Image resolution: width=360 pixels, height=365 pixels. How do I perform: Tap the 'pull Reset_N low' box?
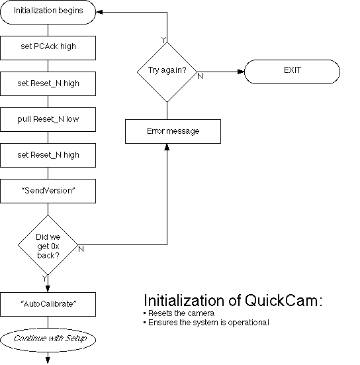click(48, 119)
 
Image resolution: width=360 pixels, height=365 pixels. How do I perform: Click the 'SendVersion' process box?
click(48, 191)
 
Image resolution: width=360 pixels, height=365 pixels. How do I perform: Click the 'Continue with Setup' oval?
click(48, 339)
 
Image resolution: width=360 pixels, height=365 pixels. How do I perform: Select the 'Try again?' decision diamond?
click(166, 70)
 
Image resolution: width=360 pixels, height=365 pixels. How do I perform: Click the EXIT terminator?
click(292, 70)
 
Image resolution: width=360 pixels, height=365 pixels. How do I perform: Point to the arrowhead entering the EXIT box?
click(240, 70)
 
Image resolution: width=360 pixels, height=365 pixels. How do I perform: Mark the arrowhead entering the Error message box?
click(166, 147)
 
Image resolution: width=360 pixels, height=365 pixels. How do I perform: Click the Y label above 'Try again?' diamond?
click(163, 40)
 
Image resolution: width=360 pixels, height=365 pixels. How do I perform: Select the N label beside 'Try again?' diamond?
click(200, 76)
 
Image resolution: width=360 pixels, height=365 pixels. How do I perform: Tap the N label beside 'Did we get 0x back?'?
click(81, 249)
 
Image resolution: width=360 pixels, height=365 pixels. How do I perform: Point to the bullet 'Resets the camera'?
click(176, 313)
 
